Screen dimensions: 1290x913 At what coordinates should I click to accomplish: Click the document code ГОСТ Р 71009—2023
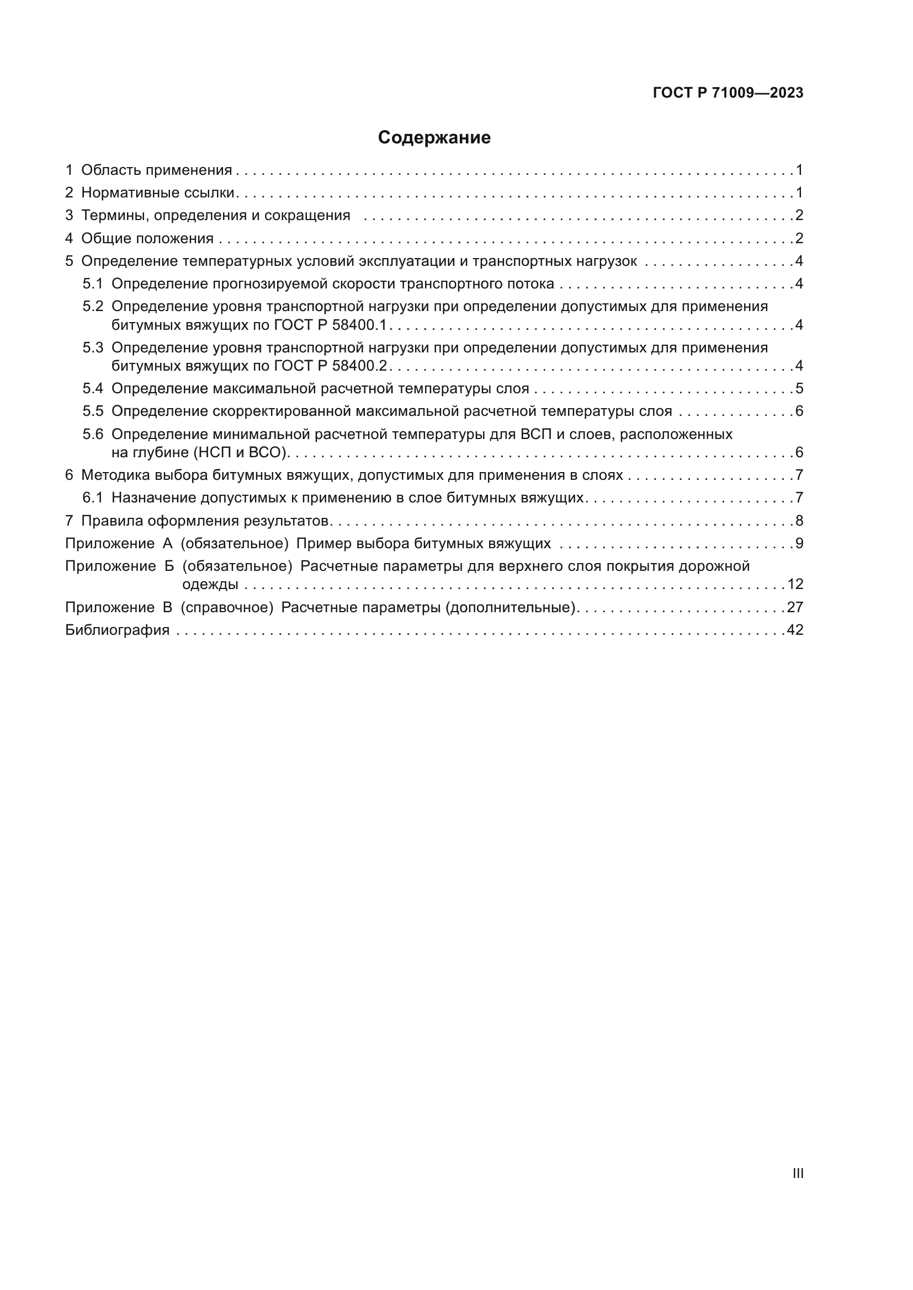click(x=728, y=93)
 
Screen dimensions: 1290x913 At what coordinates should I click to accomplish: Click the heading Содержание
click(x=434, y=138)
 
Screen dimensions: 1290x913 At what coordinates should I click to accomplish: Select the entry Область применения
click(x=156, y=170)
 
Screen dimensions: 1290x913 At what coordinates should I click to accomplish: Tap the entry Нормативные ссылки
click(x=157, y=192)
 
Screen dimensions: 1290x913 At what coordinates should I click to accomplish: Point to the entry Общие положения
click(x=147, y=238)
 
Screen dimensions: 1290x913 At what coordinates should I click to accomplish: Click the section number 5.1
click(x=93, y=283)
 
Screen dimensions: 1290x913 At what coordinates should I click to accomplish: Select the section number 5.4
click(x=93, y=389)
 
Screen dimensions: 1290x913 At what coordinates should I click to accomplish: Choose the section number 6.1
click(x=93, y=498)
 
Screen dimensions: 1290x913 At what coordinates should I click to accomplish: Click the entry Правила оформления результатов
click(x=205, y=521)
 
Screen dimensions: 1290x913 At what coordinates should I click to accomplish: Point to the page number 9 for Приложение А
click(x=799, y=543)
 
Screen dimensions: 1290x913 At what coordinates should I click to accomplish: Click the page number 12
click(x=795, y=584)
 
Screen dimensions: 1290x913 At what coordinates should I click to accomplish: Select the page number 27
click(x=795, y=607)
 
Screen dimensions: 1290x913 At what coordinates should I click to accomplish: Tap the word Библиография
click(x=117, y=630)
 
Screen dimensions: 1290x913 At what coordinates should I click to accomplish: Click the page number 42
click(x=795, y=630)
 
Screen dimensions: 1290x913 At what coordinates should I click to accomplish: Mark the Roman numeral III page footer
click(x=798, y=1174)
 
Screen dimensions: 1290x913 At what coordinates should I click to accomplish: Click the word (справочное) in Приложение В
click(x=227, y=607)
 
